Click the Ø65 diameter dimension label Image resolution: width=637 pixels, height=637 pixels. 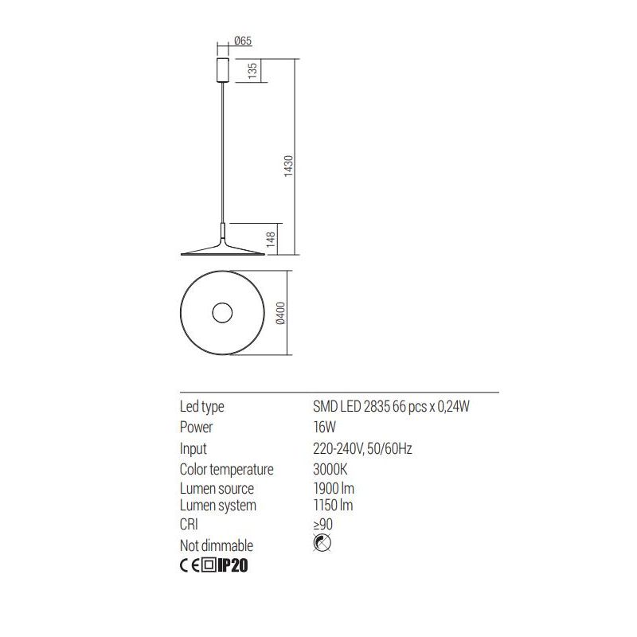click(x=244, y=42)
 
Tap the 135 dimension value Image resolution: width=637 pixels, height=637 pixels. click(x=252, y=71)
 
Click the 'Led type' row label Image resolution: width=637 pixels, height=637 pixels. click(x=202, y=407)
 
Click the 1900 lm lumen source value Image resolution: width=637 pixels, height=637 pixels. click(x=334, y=488)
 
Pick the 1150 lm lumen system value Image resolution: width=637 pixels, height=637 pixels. click(x=334, y=506)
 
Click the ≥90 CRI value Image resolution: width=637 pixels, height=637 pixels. click(x=322, y=525)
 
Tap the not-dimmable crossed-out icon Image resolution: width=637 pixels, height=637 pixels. click(x=322, y=545)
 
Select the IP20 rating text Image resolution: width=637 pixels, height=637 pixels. click(x=234, y=566)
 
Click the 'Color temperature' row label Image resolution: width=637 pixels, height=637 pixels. click(x=226, y=470)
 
